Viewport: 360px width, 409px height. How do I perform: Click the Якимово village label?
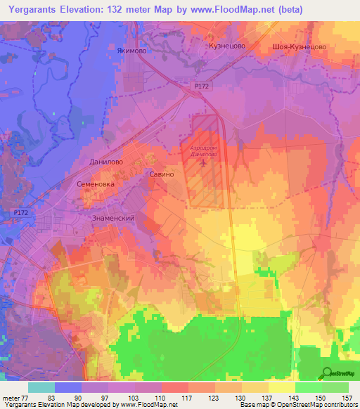pos(131,50)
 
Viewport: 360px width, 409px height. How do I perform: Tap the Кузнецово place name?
pos(226,45)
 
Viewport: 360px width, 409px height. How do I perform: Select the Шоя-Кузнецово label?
pos(299,46)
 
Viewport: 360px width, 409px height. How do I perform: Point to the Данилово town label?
pos(107,161)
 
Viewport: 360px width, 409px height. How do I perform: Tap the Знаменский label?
pos(112,219)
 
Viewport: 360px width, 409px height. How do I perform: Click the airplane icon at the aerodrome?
pos(204,163)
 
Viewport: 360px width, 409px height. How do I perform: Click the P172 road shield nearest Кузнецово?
pos(202,86)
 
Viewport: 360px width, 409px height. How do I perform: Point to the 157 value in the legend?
pos(347,398)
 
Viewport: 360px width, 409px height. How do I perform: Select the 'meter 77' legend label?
pos(13,398)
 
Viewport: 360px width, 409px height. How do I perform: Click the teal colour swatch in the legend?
pos(41,387)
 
